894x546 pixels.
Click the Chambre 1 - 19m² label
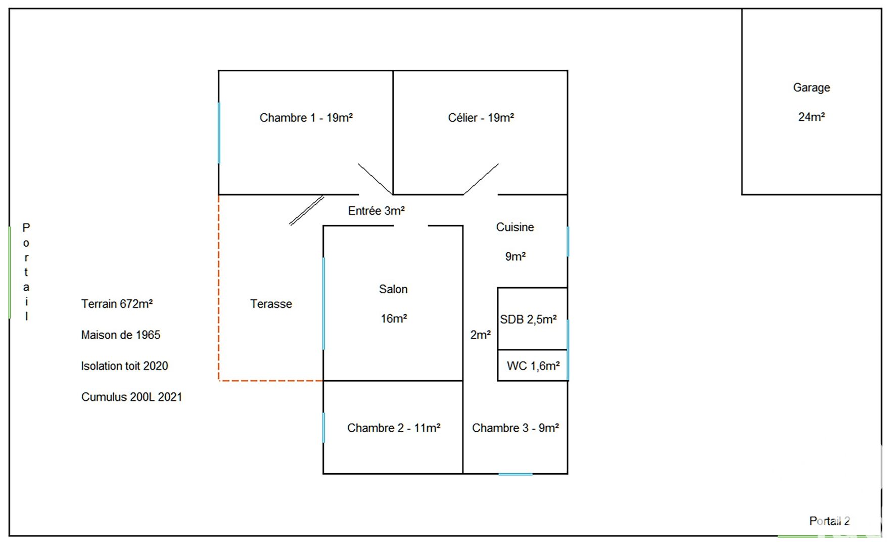[306, 118]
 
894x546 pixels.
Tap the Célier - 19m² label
[481, 118]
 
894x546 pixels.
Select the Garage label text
[811, 87]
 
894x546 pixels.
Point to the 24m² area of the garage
[811, 117]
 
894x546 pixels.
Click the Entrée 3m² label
[376, 211]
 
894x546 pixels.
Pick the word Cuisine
[514, 227]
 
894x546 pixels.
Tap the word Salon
[393, 289]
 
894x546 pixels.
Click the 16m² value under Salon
[394, 318]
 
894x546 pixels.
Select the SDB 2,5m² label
[528, 320]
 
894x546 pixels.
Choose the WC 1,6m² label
[533, 366]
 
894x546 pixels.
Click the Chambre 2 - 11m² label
[393, 428]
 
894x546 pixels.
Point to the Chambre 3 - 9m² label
[515, 428]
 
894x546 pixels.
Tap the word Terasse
[271, 304]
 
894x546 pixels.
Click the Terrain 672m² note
[117, 304]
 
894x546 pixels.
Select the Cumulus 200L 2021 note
[131, 397]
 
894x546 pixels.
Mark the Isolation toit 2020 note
[124, 366]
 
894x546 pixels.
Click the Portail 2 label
[829, 521]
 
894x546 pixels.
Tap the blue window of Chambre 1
[219, 132]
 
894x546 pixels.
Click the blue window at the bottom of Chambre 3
[515, 474]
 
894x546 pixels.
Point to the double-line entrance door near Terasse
[306, 210]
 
